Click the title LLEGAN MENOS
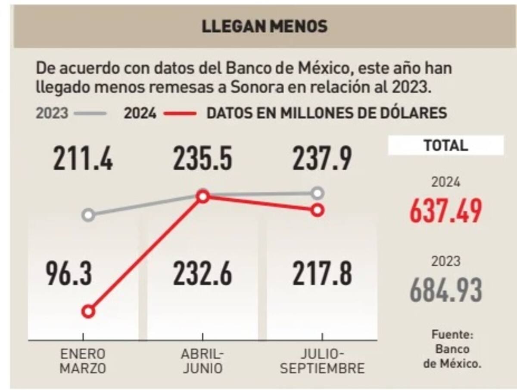265,26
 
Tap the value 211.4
83,158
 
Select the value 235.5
202,158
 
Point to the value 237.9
322,158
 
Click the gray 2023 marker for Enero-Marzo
88,215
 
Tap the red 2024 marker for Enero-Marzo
88,311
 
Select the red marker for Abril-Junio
203,197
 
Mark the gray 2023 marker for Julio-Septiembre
318,193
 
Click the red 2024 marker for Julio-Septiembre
318,210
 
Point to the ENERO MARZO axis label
83,361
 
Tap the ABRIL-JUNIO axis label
202,361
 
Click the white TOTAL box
445,145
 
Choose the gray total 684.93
445,291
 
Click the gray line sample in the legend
90,114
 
